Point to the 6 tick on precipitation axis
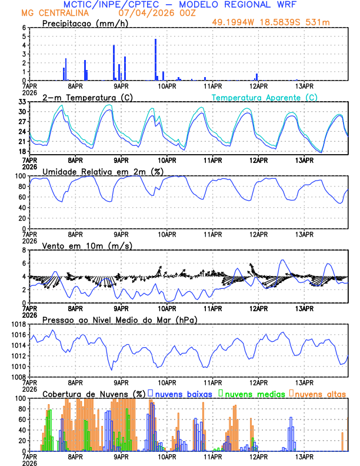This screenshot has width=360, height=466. pos(24,28)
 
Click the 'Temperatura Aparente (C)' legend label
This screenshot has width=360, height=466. pos(265,97)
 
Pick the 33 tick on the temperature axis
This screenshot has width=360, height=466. pos(22,102)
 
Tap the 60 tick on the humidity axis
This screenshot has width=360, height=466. pos(22,197)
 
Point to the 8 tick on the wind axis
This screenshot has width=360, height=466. pos(24,250)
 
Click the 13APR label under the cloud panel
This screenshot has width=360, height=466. pos(304,456)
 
